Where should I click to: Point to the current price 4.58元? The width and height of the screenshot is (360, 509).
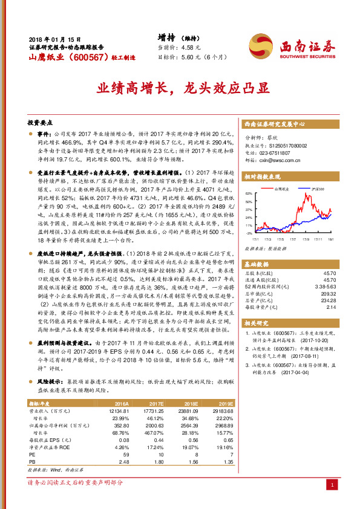[x=188, y=47]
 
